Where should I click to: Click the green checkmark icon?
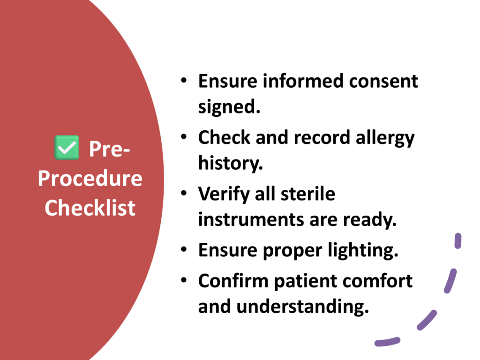tap(67, 147)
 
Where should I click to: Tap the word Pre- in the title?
tap(109, 149)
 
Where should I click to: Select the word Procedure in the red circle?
tap(90, 179)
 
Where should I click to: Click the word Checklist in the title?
tap(90, 208)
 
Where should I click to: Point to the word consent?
tap(383, 81)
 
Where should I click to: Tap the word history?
tap(230, 163)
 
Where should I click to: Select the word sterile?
tap(307, 194)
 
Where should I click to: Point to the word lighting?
tap(363, 251)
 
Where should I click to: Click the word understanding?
tap(302, 307)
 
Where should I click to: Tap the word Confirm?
tap(233, 281)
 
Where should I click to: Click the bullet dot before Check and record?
tap(184, 136)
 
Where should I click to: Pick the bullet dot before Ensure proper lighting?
tap(184, 249)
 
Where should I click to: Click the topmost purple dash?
tap(458, 241)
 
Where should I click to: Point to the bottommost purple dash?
tap(387, 342)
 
